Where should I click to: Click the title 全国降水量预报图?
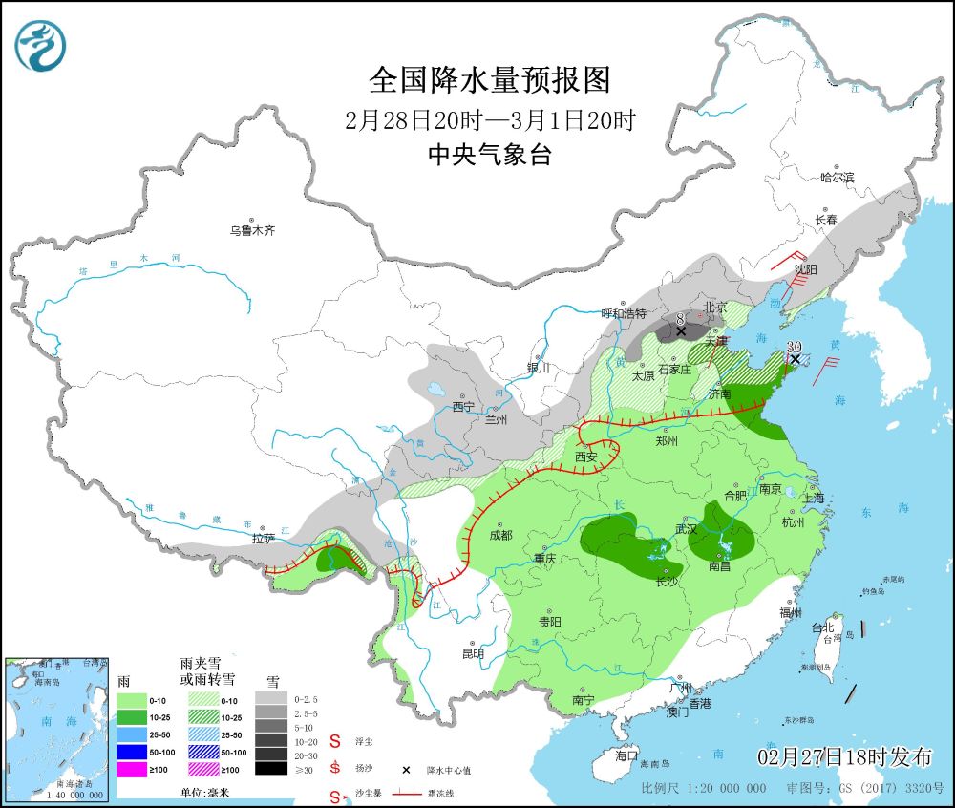coord(489,80)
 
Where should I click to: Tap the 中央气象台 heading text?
coord(489,155)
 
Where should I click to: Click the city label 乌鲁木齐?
coord(251,230)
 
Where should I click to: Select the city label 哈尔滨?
coord(838,178)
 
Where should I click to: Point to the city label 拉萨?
coord(264,539)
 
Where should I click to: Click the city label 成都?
coord(500,535)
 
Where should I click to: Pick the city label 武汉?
coord(686,528)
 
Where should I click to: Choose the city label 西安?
coord(586,457)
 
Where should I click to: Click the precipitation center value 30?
coord(794,347)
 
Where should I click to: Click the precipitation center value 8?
coord(680,319)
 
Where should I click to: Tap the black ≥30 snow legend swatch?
coord(271,768)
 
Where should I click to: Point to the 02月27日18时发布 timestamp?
coord(844,757)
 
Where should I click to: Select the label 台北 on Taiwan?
coord(822,627)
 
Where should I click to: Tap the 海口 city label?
coord(627,755)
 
